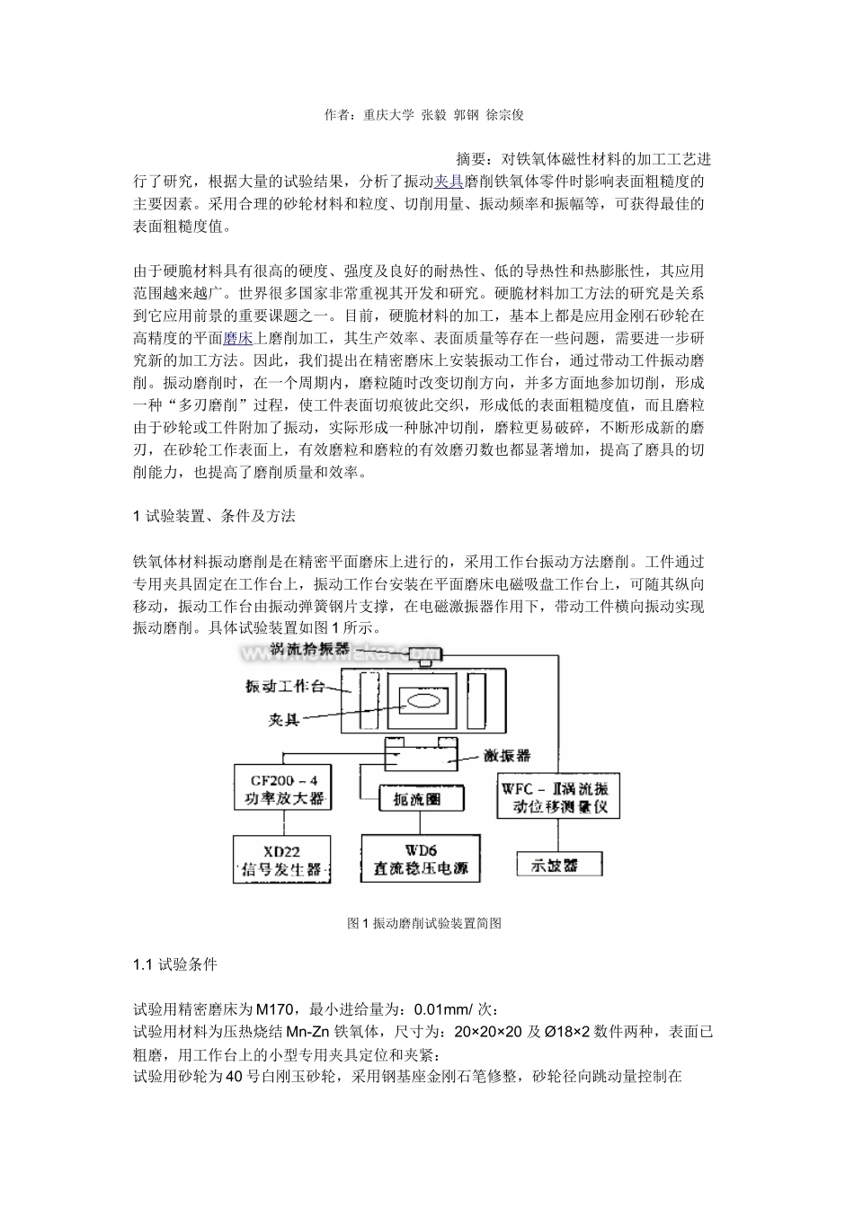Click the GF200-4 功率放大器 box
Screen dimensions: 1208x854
point(280,789)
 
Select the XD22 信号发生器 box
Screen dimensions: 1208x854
point(280,859)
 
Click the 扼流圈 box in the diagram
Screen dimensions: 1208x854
point(411,798)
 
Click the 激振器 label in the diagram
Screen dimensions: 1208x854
point(507,756)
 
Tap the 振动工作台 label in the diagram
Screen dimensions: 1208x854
point(285,687)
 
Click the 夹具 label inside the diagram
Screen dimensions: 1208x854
point(285,719)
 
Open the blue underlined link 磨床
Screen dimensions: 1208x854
point(237,338)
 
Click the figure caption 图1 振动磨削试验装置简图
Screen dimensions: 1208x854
point(424,923)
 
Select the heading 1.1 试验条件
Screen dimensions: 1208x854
point(174,964)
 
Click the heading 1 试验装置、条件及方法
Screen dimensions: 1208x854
point(214,516)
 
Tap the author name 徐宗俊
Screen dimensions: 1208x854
point(504,115)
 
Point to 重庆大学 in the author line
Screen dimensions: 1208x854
point(389,115)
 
